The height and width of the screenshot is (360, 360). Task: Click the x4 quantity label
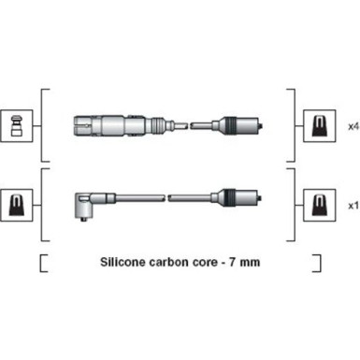[353, 126]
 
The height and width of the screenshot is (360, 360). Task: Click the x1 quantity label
[353, 206]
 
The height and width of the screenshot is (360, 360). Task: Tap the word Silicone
[122, 262]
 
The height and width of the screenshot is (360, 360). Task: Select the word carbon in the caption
[168, 262]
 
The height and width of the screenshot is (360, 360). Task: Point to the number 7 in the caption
[233, 262]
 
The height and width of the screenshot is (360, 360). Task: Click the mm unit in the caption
[250, 263]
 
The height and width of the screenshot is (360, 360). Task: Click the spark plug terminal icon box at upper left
[17, 126]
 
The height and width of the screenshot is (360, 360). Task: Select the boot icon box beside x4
[320, 126]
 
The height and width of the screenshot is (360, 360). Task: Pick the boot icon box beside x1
[320, 206]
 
